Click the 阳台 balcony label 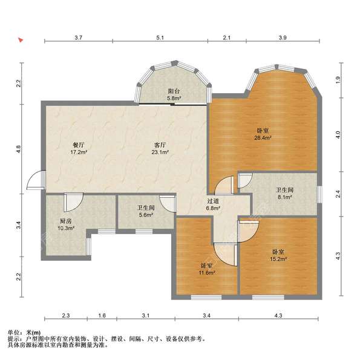pos(174,91)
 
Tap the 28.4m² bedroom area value pos(263,138)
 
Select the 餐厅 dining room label pos(79,145)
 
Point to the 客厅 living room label pos(160,145)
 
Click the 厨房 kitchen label pos(66,221)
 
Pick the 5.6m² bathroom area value pos(146,215)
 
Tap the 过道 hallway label pos(213,201)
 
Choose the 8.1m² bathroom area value pos(284,197)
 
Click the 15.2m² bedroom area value pos(278,259)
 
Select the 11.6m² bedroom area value pos(207,272)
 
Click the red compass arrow pos(21,40)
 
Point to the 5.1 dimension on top pos(160,38)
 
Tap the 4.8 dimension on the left pos(18,149)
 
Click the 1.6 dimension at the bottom pos(102,315)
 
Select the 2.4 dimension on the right pos(338,194)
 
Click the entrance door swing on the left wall pos(35,180)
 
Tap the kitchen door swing pos(74,202)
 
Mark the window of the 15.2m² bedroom pos(268,297)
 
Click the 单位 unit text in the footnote pos(13,333)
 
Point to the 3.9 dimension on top pos(283,38)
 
